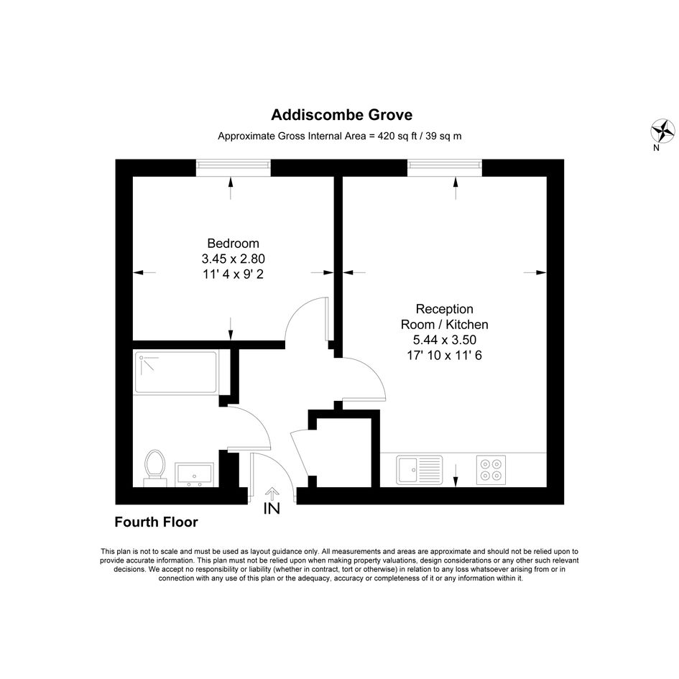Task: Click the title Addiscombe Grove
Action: [x=342, y=115]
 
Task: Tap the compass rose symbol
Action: [x=662, y=131]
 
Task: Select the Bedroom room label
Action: [x=233, y=244]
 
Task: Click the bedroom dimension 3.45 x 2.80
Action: [x=233, y=259]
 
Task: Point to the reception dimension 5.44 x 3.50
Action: [x=444, y=339]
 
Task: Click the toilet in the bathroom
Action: [x=155, y=468]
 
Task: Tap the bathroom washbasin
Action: [x=194, y=474]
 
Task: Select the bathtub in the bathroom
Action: [x=176, y=372]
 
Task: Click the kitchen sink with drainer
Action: [x=419, y=469]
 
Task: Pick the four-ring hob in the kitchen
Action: [x=491, y=469]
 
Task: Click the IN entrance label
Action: [x=272, y=509]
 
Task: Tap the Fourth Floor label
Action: [x=156, y=522]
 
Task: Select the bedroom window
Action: [x=233, y=167]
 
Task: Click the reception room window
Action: [x=444, y=167]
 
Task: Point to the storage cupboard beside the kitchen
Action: [x=344, y=452]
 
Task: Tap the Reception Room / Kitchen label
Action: [x=444, y=317]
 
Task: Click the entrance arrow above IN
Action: [x=272, y=494]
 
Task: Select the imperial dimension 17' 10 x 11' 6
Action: [x=444, y=356]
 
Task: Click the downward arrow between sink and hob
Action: [x=456, y=476]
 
